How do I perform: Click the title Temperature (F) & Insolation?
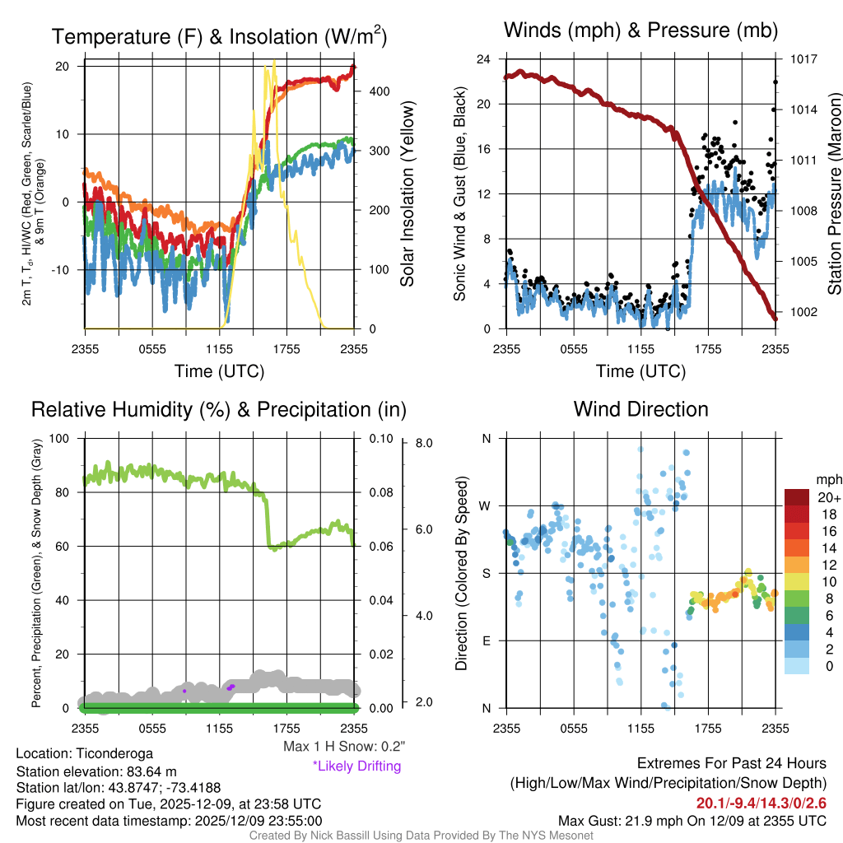coord(219,36)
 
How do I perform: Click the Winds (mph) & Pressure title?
coord(640,31)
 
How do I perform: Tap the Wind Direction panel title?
coord(640,409)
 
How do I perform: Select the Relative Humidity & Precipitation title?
coord(218,409)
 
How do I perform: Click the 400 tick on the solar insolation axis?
coord(380,91)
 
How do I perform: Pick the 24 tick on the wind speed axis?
coord(484,59)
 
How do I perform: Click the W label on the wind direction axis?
coord(486,505)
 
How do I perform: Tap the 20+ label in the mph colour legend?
coord(828,497)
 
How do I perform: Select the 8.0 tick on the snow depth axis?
coord(425,443)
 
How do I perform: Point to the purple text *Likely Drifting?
coord(356,766)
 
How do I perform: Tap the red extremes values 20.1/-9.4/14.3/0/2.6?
coord(761,803)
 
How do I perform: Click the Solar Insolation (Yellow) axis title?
coord(408,194)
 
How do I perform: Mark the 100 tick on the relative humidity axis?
coord(63,439)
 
